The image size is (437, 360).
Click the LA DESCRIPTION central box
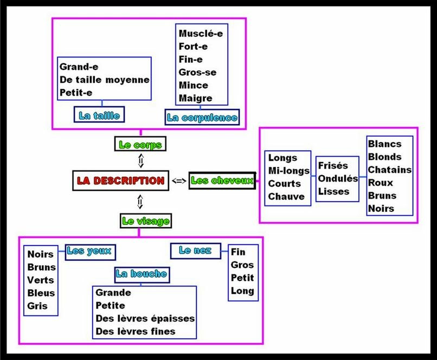coord(121,181)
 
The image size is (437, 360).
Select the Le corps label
coord(140,145)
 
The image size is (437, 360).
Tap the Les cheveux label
coord(222,181)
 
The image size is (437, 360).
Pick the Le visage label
coord(145,221)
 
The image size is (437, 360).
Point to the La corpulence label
coord(202,117)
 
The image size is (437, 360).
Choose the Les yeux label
coord(90,250)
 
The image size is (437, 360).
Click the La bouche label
coord(141,274)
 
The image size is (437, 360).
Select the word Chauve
coord(286,196)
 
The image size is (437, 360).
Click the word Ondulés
coord(338,178)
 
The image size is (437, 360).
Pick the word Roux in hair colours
coord(381,183)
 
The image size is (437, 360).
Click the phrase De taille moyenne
coord(104,80)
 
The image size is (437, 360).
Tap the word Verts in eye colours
coord(41,280)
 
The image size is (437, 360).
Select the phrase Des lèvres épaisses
coord(145,318)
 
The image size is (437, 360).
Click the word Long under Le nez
coord(242,291)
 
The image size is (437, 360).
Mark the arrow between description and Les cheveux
coord(178,181)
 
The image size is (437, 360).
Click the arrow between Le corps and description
coord(140,161)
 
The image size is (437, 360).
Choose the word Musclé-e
coord(201,34)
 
